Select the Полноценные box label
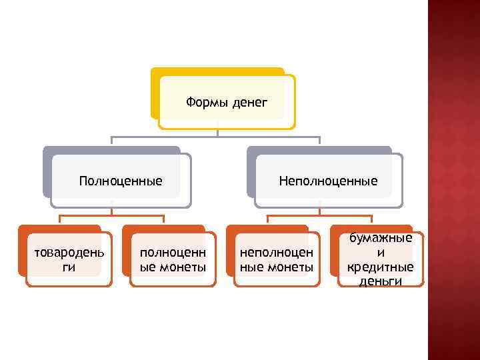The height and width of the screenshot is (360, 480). coord(121,181)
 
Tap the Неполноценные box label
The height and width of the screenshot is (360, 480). coord(328,181)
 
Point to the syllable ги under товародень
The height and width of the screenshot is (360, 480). coord(69,267)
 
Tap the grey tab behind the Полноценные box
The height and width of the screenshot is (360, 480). coord(47,173)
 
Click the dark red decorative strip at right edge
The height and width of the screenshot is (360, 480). coord(453,180)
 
